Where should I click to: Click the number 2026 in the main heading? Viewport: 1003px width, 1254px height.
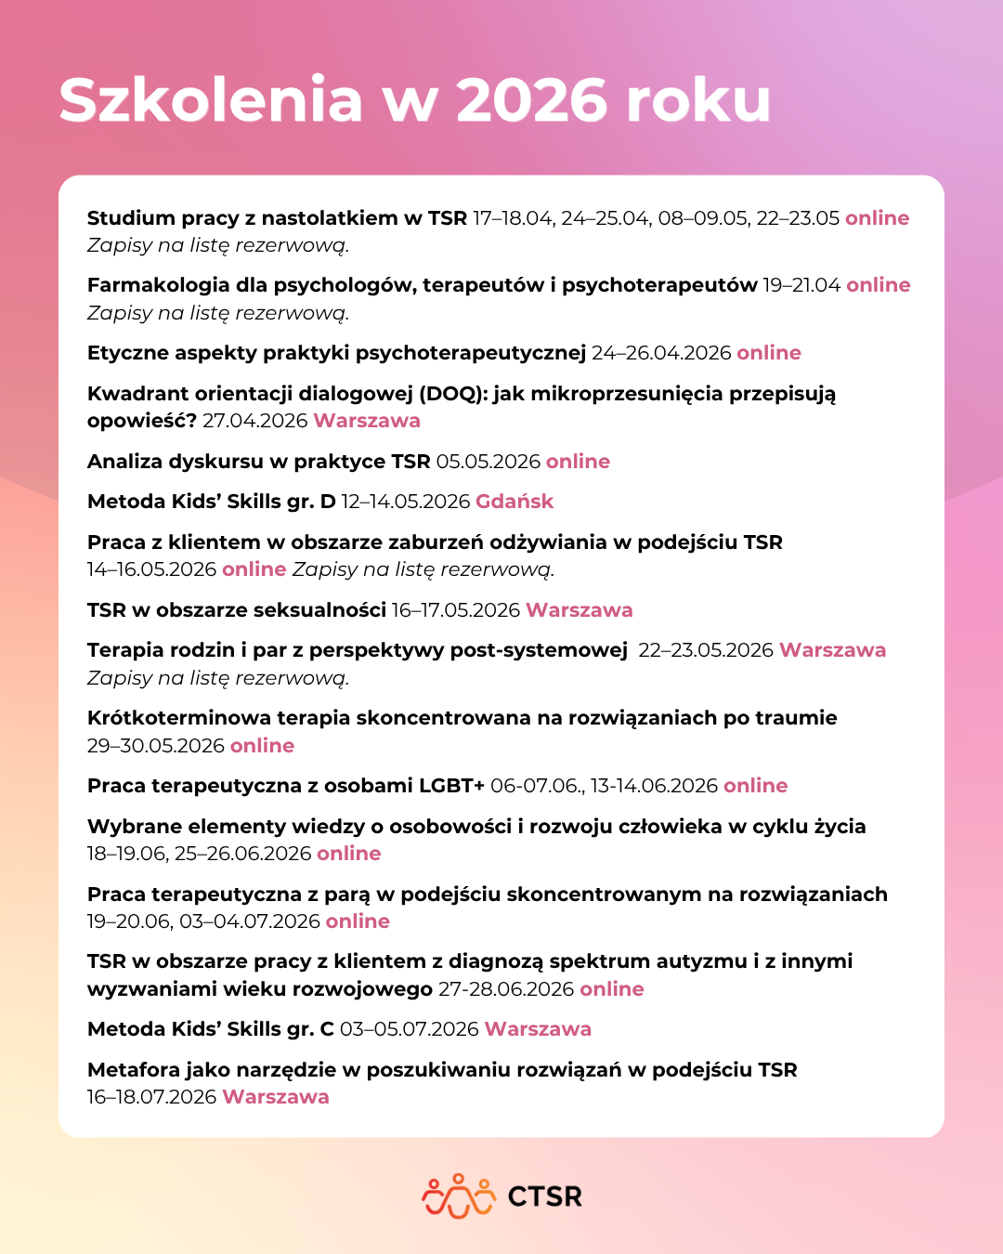tap(531, 100)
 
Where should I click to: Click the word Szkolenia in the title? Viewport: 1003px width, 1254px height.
tap(211, 100)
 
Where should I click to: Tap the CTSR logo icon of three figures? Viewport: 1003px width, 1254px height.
tap(459, 1195)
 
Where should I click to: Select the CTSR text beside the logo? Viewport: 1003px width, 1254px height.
tap(545, 1196)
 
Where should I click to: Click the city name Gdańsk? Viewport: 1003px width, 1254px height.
tap(515, 502)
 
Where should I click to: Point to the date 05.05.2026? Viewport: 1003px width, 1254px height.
tap(488, 462)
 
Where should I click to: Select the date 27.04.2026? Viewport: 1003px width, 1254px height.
tap(255, 421)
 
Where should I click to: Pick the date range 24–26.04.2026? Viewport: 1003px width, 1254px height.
tap(661, 353)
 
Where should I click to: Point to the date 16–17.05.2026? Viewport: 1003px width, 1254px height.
tap(456, 610)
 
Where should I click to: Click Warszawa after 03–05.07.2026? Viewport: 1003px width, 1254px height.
tap(538, 1029)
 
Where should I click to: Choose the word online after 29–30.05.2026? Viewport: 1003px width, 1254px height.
tap(262, 746)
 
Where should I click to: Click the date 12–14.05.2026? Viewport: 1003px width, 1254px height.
tap(406, 502)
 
